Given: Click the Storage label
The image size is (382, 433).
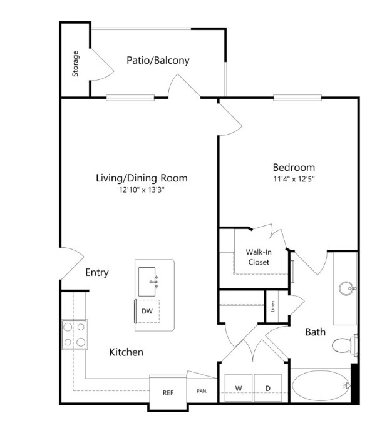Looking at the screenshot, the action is [75, 64].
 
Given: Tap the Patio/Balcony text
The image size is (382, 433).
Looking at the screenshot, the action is [158, 61].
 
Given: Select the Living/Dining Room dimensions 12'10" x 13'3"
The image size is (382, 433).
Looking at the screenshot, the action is [142, 190].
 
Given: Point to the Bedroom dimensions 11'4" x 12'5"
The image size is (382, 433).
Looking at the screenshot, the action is [294, 179].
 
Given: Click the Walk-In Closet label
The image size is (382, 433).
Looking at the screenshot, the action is [259, 257].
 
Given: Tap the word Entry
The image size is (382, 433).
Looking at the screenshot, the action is [97, 273].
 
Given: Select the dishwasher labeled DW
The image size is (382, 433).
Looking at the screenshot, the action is [147, 311].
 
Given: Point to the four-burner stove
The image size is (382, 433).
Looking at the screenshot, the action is [75, 335].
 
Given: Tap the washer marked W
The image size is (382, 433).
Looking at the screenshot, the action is [239, 388].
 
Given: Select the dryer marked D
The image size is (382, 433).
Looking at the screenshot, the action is [268, 388].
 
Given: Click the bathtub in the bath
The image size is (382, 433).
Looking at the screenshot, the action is [321, 385].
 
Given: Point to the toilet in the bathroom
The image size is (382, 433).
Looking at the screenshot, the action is [344, 345].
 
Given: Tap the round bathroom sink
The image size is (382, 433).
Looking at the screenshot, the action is [347, 288].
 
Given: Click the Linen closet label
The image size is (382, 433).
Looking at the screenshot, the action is [273, 307].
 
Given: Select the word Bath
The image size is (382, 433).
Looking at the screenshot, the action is [316, 332].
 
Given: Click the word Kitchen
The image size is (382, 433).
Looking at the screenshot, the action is [126, 352].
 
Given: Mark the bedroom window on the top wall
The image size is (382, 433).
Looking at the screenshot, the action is [297, 98].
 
